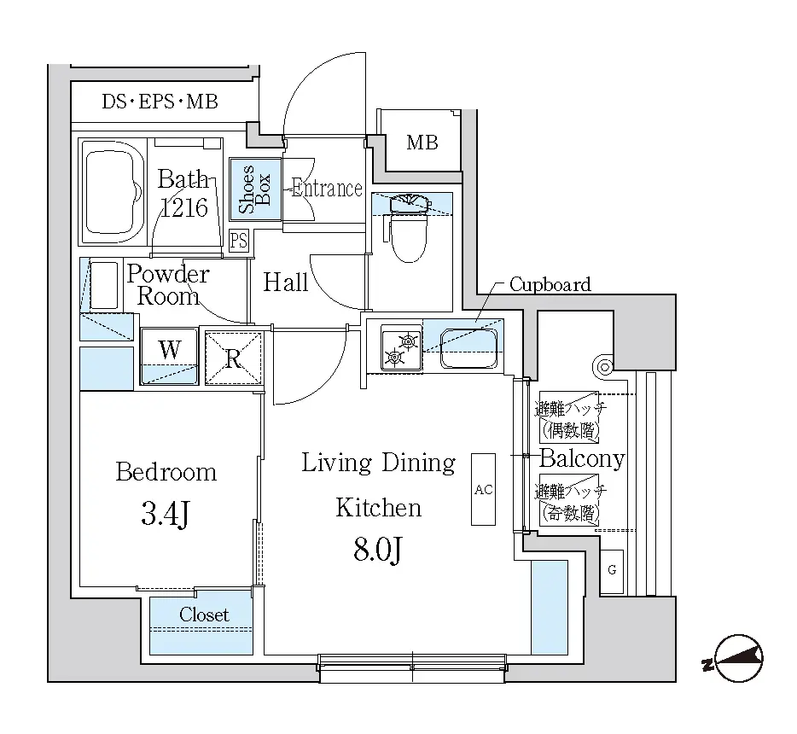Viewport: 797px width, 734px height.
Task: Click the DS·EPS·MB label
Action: (160, 102)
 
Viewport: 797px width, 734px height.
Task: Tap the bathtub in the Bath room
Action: (113, 192)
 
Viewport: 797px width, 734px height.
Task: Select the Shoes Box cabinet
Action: (255, 189)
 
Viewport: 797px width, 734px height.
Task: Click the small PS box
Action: (238, 240)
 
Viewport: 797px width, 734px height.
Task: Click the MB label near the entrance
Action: (422, 143)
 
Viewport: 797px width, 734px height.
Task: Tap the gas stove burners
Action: (402, 349)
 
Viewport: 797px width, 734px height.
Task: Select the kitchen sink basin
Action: (468, 348)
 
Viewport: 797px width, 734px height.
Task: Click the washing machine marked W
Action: (169, 356)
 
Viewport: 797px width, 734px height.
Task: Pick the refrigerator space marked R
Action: (233, 358)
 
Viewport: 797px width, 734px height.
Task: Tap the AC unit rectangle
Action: (483, 489)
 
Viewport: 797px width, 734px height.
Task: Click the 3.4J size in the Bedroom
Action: (166, 514)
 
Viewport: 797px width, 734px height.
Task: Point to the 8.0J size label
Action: (378, 549)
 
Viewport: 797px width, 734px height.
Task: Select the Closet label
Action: (204, 615)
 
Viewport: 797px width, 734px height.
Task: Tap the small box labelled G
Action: (612, 571)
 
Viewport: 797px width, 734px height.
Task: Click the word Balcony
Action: (582, 459)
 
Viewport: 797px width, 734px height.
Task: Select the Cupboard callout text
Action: (550, 285)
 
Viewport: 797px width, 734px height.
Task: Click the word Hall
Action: (285, 283)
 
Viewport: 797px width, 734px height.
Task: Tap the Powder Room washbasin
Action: (104, 285)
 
